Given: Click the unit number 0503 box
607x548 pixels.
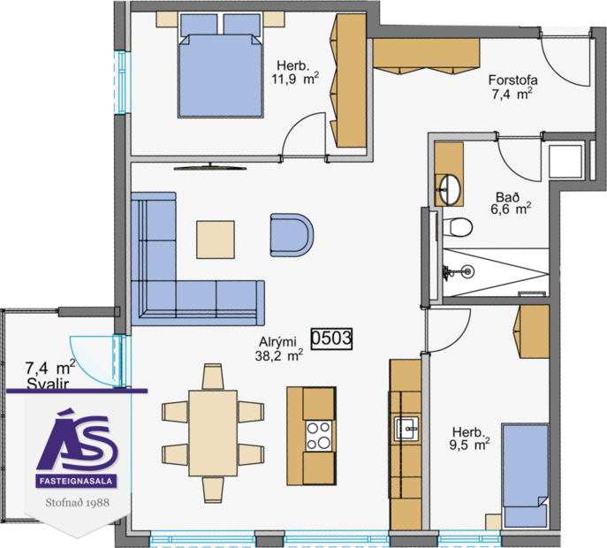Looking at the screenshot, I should click(332, 337).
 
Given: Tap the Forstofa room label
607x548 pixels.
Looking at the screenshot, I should click(512, 79).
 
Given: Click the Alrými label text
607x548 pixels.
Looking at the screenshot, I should click(277, 343).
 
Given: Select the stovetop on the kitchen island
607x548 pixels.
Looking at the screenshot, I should click(318, 435).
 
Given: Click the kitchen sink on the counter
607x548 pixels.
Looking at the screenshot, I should click(407, 429).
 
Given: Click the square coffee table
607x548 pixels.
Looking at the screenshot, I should click(216, 238).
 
